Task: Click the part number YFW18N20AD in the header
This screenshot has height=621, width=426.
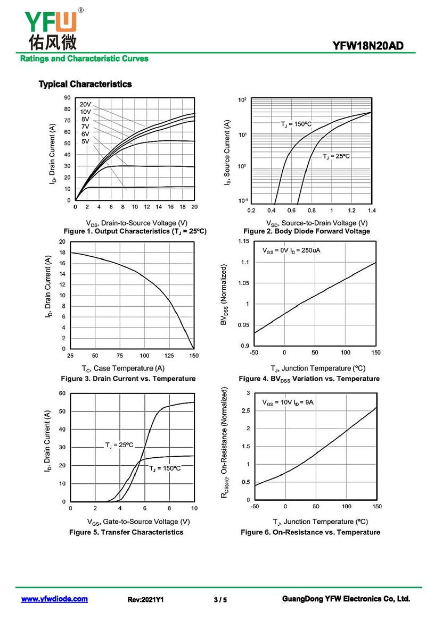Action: tap(368, 46)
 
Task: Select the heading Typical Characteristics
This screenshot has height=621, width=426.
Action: tap(85, 84)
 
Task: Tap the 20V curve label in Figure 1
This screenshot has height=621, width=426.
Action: tap(86, 104)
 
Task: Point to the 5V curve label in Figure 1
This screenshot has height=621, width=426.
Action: tap(85, 141)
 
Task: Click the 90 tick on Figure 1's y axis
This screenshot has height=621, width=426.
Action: tap(67, 98)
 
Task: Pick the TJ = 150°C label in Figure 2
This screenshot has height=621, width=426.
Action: tap(296, 124)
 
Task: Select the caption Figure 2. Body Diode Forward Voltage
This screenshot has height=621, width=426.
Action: tap(306, 231)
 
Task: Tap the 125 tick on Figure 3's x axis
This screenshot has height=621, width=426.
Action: tap(169, 355)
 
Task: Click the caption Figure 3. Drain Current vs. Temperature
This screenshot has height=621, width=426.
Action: tap(128, 379)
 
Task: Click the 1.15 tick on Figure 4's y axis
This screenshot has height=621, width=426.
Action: tap(243, 242)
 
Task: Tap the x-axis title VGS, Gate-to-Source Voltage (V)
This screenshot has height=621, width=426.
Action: tap(138, 522)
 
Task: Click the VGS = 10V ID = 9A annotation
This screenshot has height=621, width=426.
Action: tap(288, 402)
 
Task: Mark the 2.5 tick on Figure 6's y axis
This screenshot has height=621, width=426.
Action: tap(245, 410)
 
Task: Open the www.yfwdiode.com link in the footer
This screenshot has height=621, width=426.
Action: tap(54, 599)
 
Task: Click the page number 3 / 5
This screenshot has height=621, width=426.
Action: tap(220, 600)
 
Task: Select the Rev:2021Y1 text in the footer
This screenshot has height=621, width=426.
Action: tap(145, 600)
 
